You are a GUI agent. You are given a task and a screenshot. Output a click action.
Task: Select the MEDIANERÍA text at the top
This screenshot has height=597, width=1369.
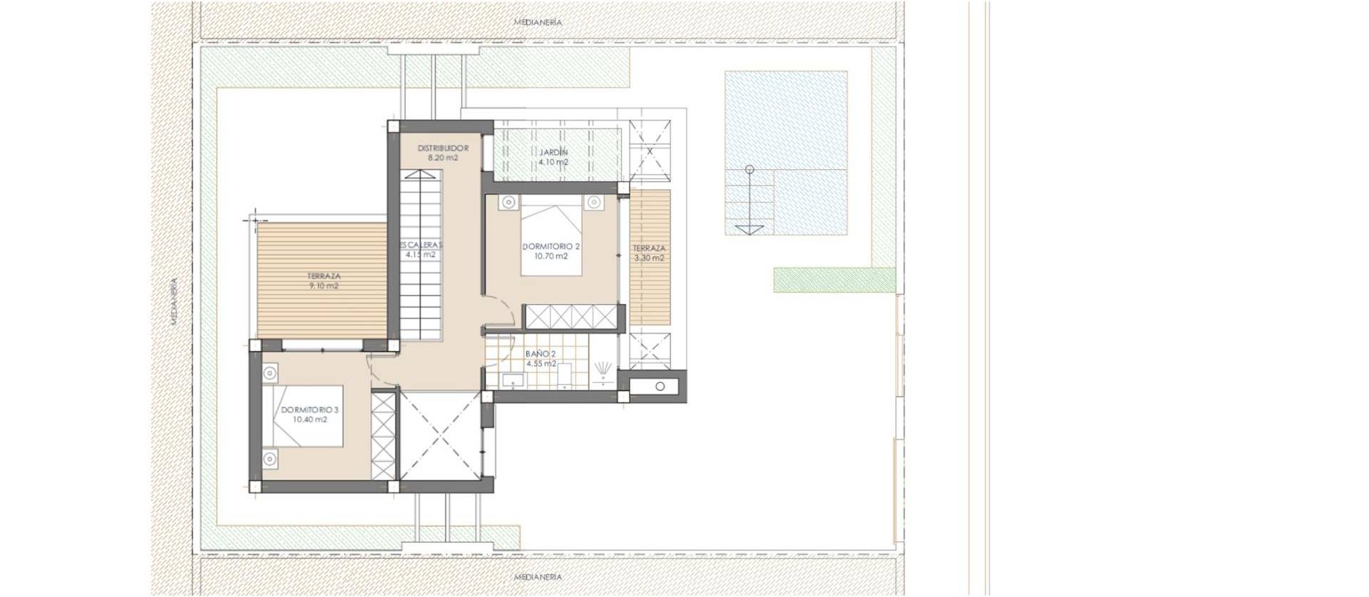click(x=538, y=22)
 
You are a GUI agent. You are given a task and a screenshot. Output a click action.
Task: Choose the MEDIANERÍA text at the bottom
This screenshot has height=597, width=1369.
click(x=538, y=576)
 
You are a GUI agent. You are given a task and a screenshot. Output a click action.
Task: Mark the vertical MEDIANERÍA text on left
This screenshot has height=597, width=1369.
click(x=173, y=301)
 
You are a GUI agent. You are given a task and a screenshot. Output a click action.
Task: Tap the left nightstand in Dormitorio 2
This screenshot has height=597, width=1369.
click(x=508, y=203)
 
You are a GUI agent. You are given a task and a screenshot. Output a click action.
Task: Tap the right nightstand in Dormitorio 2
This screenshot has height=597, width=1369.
click(x=593, y=203)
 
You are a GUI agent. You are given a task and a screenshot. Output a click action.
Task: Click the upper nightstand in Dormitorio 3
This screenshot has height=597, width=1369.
click(x=270, y=372)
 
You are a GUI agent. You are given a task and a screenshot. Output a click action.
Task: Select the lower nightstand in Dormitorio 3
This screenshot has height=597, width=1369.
click(x=270, y=459)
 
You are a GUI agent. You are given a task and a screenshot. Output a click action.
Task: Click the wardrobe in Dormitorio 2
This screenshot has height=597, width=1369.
click(x=571, y=316)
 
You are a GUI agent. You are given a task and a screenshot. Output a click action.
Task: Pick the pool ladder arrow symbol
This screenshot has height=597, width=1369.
click(x=749, y=229)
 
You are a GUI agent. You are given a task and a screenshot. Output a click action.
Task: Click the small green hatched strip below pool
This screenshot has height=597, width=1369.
click(x=834, y=280)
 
